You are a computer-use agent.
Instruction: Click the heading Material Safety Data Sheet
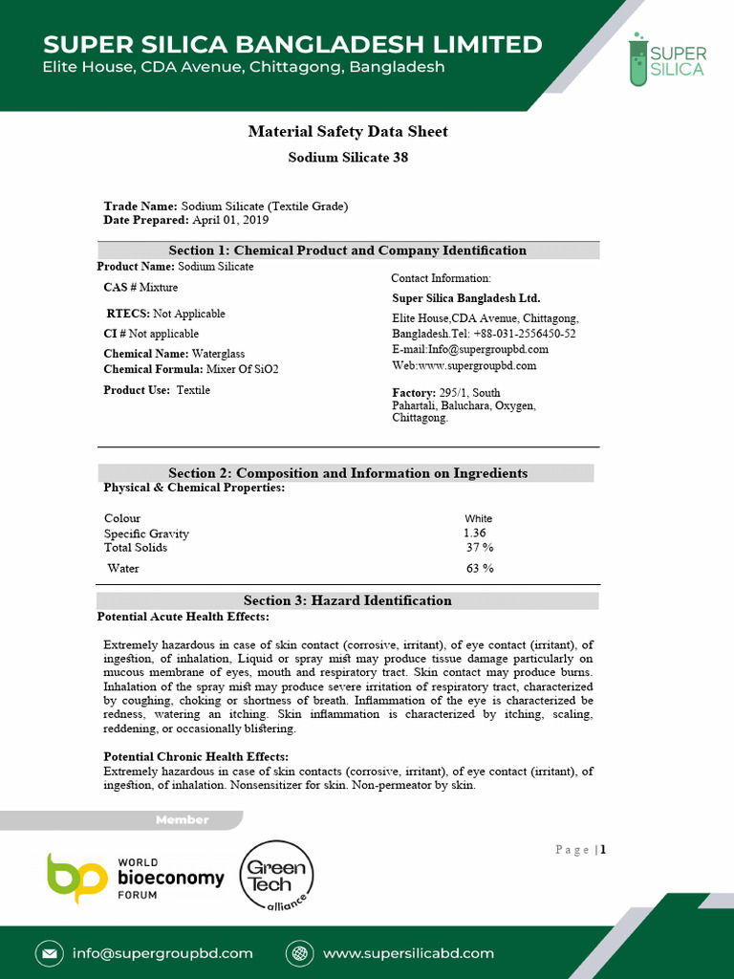click(x=348, y=132)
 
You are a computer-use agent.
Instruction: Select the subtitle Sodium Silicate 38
click(x=348, y=157)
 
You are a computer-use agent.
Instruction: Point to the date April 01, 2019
click(x=230, y=220)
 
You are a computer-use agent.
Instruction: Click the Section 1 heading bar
click(x=348, y=250)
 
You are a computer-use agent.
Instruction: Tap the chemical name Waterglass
click(x=218, y=354)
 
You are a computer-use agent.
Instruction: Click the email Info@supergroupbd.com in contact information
click(x=470, y=350)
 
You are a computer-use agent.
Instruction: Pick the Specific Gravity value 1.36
click(x=474, y=533)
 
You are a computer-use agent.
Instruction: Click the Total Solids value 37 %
click(x=480, y=548)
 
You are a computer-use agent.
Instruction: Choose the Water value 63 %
click(x=480, y=569)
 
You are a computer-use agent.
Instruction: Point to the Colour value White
click(x=479, y=519)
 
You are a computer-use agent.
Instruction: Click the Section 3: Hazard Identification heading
click(x=348, y=600)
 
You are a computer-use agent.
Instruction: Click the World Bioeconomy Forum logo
click(x=136, y=878)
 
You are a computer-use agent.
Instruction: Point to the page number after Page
click(x=603, y=849)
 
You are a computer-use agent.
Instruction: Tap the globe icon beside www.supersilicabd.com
click(x=301, y=953)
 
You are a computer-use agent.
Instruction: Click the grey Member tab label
click(x=182, y=820)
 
